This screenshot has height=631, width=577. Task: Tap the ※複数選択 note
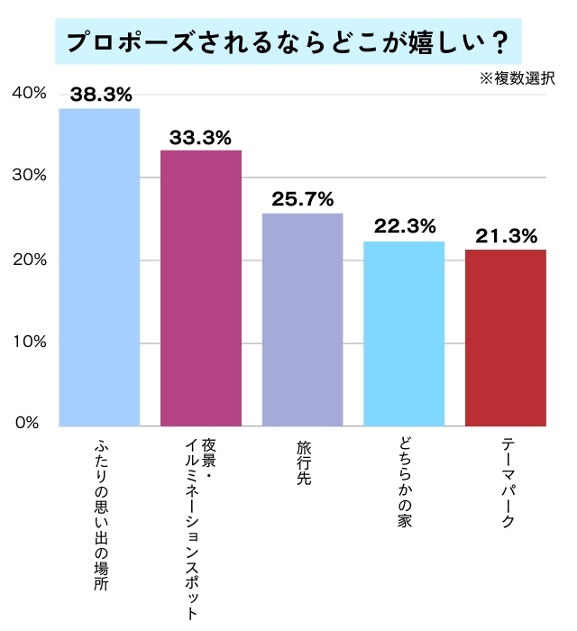click(x=517, y=79)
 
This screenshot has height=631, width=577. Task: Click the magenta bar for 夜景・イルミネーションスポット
click(x=201, y=288)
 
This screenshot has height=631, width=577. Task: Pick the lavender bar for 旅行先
click(x=303, y=319)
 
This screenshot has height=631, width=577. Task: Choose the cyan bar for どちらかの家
click(x=404, y=334)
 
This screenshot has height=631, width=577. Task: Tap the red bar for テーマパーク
click(x=506, y=337)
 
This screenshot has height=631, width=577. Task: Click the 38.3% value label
click(x=100, y=94)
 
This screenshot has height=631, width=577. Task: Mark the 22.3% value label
click(x=404, y=226)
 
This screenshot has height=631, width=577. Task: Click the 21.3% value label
click(x=506, y=236)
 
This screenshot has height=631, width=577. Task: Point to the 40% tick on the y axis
click(x=29, y=93)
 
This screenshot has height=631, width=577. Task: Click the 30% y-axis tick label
click(x=29, y=176)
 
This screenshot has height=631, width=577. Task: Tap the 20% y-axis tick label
click(x=29, y=260)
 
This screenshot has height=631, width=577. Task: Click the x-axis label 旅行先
click(x=303, y=463)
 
